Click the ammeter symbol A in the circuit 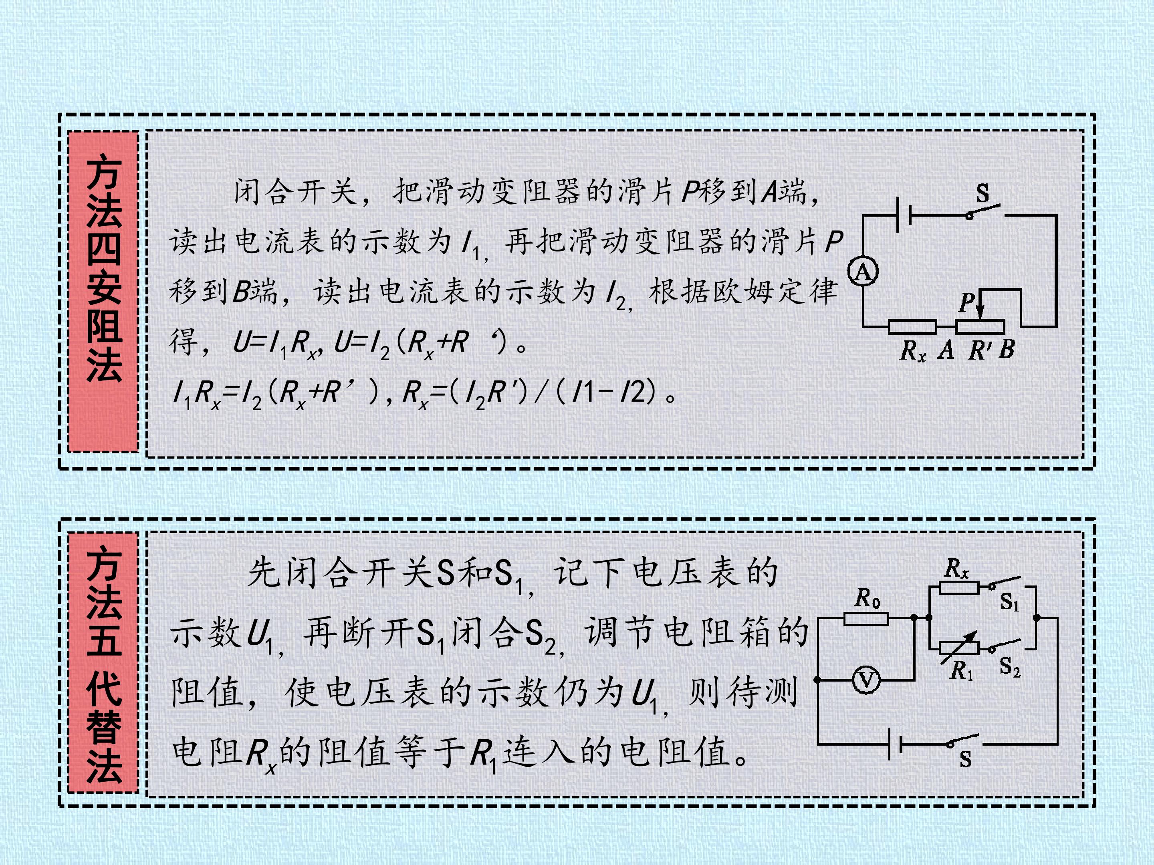863,272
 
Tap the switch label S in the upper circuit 983,193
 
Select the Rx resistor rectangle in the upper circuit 912,326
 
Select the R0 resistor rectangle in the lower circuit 866,619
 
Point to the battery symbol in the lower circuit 895,744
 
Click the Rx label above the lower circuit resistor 956,568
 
